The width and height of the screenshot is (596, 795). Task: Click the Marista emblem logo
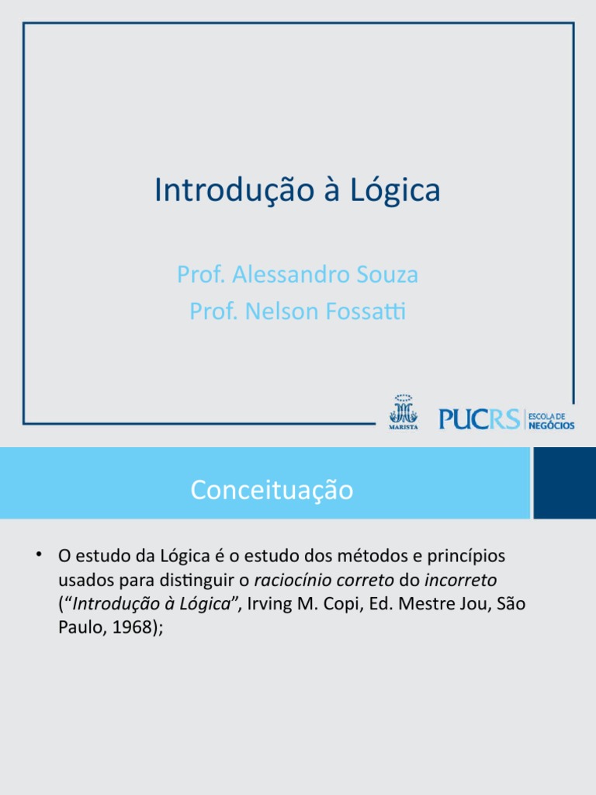coord(403,411)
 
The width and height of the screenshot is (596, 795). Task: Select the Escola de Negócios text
coord(552,420)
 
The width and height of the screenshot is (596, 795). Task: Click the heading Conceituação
coord(272,490)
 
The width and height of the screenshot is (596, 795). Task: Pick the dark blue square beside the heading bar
coord(565,482)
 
